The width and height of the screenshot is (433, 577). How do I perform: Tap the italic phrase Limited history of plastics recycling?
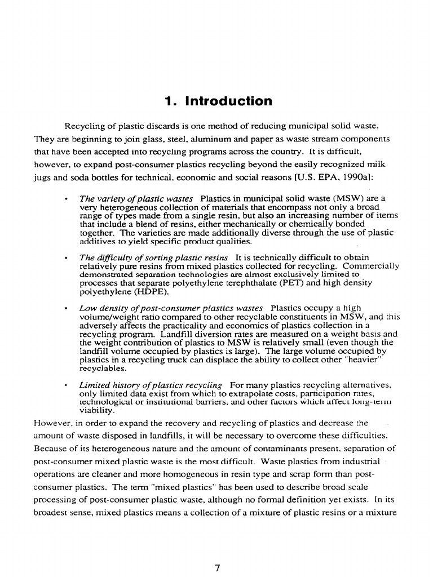(x=151, y=385)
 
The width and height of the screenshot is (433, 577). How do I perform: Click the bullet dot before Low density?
(x=67, y=309)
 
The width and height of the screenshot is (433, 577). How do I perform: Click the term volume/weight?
(x=107, y=317)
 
